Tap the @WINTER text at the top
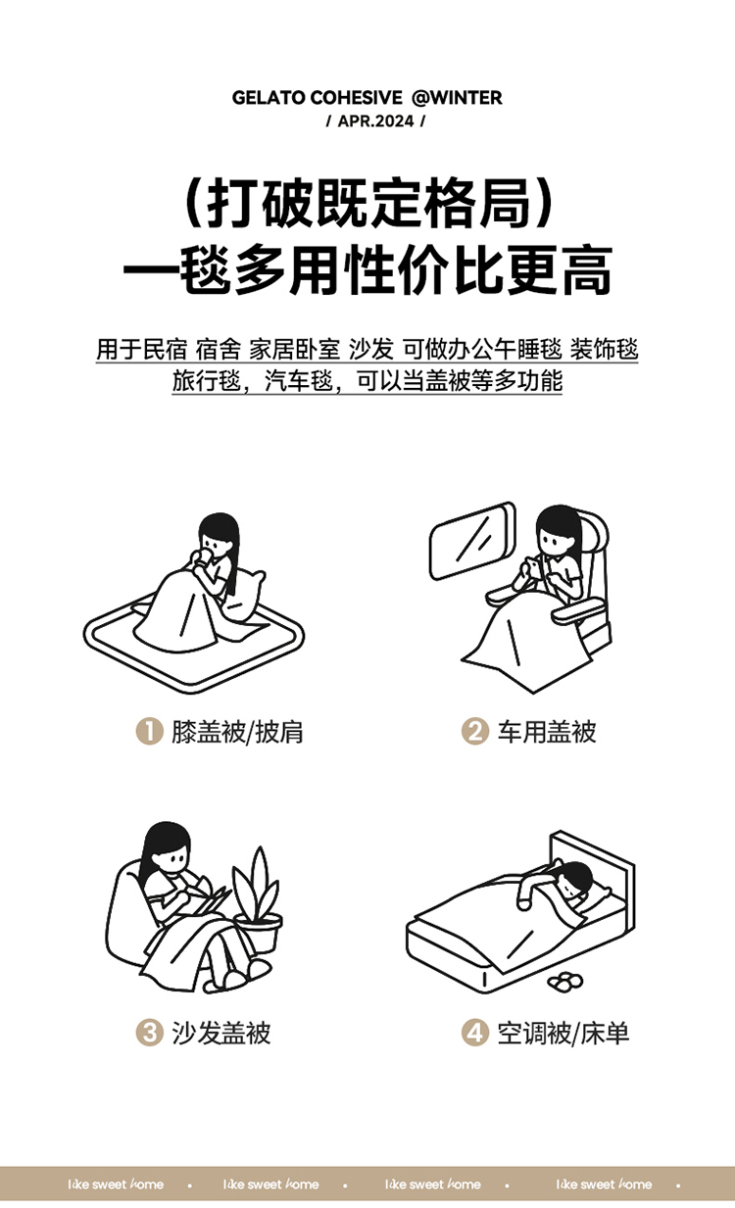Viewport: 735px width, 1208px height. (458, 98)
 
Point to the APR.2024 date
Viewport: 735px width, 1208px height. (376, 121)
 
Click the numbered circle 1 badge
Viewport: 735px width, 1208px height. (149, 731)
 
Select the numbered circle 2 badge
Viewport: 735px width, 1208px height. (475, 731)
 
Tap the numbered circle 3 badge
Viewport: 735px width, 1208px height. (149, 1034)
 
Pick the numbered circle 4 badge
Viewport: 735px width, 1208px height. (475, 1034)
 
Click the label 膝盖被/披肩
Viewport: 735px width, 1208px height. (237, 732)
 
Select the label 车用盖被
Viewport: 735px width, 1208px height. (547, 732)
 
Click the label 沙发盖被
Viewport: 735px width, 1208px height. (221, 1034)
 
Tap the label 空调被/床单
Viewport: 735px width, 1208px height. (563, 1034)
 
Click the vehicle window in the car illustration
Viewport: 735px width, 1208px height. (472, 541)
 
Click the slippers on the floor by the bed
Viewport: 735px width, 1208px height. (564, 981)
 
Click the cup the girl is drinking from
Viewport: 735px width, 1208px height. (203, 557)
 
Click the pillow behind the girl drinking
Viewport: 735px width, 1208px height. (245, 596)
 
